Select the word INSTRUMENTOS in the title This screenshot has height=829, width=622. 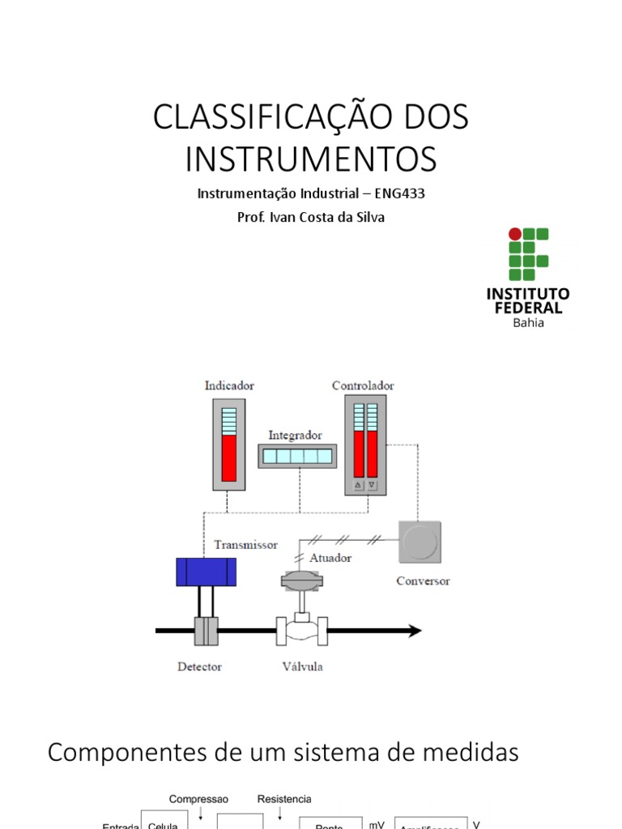[x=311, y=159]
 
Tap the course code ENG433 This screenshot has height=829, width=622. [x=400, y=194]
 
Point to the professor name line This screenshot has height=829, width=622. [x=311, y=217]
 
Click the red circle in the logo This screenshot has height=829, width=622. [x=515, y=235]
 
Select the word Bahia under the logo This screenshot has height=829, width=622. [x=528, y=323]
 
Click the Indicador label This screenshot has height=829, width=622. [x=229, y=386]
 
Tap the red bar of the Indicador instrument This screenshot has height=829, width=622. [x=229, y=458]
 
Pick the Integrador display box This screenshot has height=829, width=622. [x=296, y=457]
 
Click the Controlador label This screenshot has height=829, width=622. [x=363, y=386]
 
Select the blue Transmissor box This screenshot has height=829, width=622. [x=207, y=572]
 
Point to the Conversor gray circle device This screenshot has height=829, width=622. [x=420, y=542]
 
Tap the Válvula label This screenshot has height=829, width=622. [x=301, y=667]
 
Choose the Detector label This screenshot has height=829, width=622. [x=199, y=667]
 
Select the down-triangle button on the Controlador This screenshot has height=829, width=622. [x=372, y=485]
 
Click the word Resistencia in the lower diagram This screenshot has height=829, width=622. [x=284, y=799]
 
